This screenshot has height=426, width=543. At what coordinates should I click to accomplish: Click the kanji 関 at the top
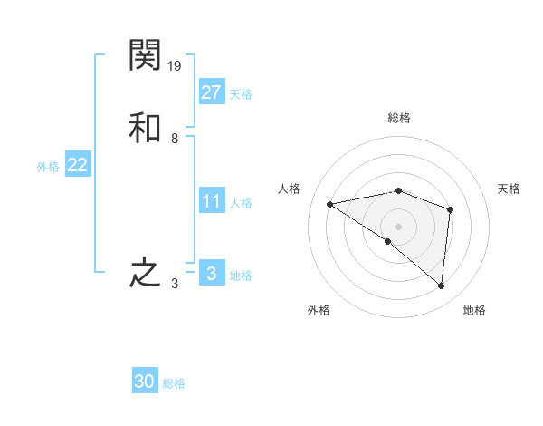(145, 55)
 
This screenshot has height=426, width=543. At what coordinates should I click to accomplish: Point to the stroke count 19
(176, 66)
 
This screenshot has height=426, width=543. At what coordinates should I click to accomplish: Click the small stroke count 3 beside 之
(175, 284)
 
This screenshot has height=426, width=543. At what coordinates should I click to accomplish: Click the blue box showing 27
(211, 92)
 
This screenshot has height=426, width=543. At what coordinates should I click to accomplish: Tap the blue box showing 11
(211, 201)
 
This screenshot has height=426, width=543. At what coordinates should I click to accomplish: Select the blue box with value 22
(77, 165)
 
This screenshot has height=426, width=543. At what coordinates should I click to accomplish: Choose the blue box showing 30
(145, 382)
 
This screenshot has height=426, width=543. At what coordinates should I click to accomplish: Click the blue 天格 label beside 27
(241, 94)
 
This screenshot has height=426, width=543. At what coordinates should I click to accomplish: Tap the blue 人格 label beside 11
(241, 203)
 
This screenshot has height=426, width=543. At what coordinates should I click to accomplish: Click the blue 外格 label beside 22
(48, 167)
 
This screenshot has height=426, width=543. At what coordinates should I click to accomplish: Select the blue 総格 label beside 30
(174, 383)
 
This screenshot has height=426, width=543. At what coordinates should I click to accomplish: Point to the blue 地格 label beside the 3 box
(241, 276)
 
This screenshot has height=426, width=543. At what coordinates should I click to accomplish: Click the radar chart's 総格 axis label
(399, 118)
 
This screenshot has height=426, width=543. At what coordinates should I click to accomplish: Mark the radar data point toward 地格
(441, 286)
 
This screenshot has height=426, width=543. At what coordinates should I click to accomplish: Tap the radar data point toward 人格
(330, 204)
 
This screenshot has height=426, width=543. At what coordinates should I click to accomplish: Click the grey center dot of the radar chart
(399, 226)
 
